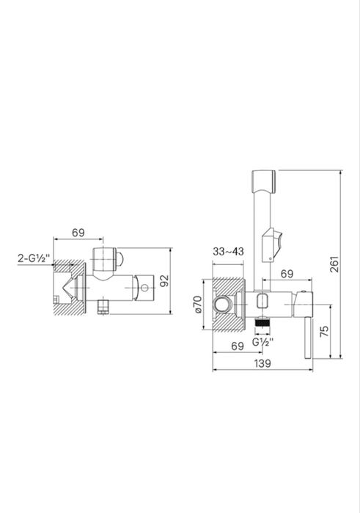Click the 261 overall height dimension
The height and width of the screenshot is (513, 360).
tap(334, 264)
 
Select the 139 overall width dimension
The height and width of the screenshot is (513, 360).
tap(262, 363)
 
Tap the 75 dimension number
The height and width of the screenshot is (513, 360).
tap(324, 332)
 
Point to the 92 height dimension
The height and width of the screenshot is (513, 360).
tap(165, 280)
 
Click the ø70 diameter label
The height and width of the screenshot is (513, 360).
tap(198, 305)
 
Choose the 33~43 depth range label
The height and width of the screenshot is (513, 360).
tap(228, 252)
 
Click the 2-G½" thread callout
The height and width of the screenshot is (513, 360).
tap(34, 258)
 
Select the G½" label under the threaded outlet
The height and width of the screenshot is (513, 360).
tap(263, 342)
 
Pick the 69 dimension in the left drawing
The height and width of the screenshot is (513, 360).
tap(78, 233)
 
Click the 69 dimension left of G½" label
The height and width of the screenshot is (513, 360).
tap(238, 346)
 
